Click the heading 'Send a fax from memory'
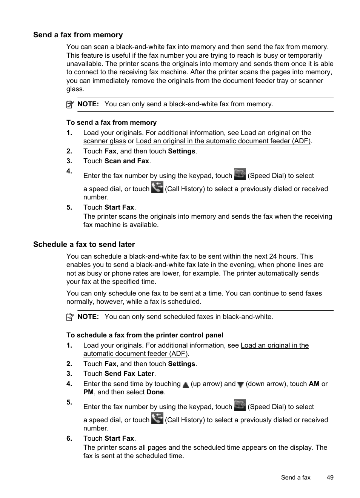tap(78, 35)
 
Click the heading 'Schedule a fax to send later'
tap(84, 245)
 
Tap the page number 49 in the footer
tap(330, 478)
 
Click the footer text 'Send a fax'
tap(295, 478)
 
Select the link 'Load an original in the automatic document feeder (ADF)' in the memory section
tap(223, 141)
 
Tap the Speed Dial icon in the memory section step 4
tap(240, 174)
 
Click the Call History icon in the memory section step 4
tap(157, 187)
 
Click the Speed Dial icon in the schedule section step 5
tap(240, 405)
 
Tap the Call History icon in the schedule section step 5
tap(157, 418)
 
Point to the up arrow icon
tap(186, 385)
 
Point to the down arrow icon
tap(240, 385)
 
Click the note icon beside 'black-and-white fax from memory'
tap(70, 105)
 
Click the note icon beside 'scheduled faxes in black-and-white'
tap(70, 317)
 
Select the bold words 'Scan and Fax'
tap(127, 161)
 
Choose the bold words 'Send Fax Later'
tap(129, 374)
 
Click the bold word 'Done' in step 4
tap(155, 392)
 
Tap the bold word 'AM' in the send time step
tap(314, 384)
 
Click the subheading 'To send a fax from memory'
tap(111, 123)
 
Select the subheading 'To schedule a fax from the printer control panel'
tap(145, 336)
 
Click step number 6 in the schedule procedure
tap(69, 439)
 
